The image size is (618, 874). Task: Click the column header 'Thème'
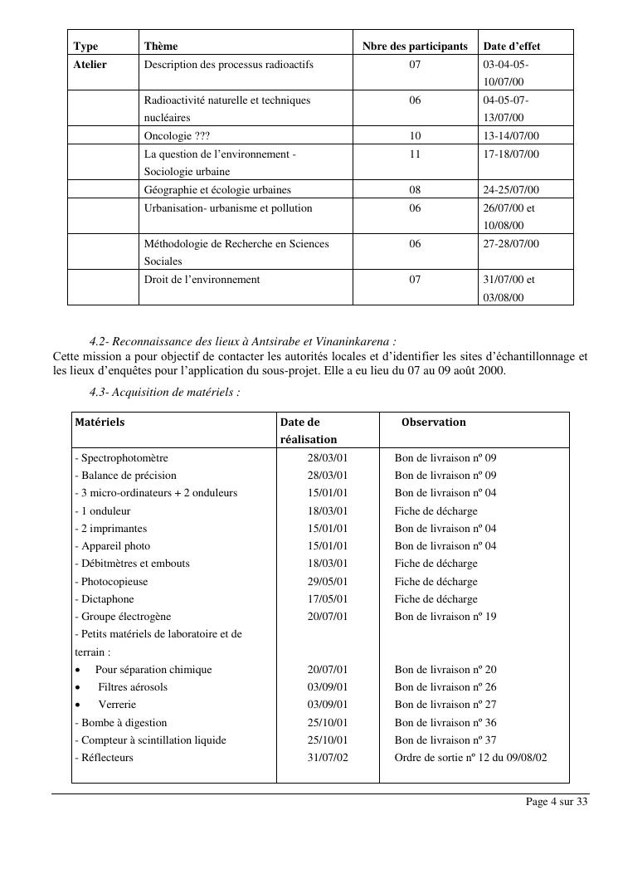(x=161, y=46)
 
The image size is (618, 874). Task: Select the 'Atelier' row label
(x=90, y=64)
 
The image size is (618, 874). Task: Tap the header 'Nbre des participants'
(x=415, y=46)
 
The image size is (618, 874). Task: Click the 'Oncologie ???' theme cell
(x=177, y=136)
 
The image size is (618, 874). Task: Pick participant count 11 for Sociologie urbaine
(x=415, y=154)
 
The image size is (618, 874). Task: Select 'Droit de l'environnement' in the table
(x=202, y=280)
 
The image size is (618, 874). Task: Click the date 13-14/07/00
(x=511, y=136)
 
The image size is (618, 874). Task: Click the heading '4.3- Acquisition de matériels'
(x=164, y=392)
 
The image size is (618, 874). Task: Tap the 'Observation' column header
(x=433, y=422)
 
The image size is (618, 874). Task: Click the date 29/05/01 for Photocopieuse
(x=328, y=582)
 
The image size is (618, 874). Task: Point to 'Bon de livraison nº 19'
(x=445, y=617)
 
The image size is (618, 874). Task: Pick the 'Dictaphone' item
(x=105, y=599)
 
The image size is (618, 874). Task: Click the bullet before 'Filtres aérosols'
(x=78, y=687)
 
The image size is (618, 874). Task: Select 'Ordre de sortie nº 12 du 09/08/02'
(x=470, y=758)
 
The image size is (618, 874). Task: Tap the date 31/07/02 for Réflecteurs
(x=328, y=758)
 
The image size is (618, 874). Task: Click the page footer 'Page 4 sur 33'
(x=557, y=802)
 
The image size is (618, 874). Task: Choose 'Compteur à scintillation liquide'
(x=150, y=740)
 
